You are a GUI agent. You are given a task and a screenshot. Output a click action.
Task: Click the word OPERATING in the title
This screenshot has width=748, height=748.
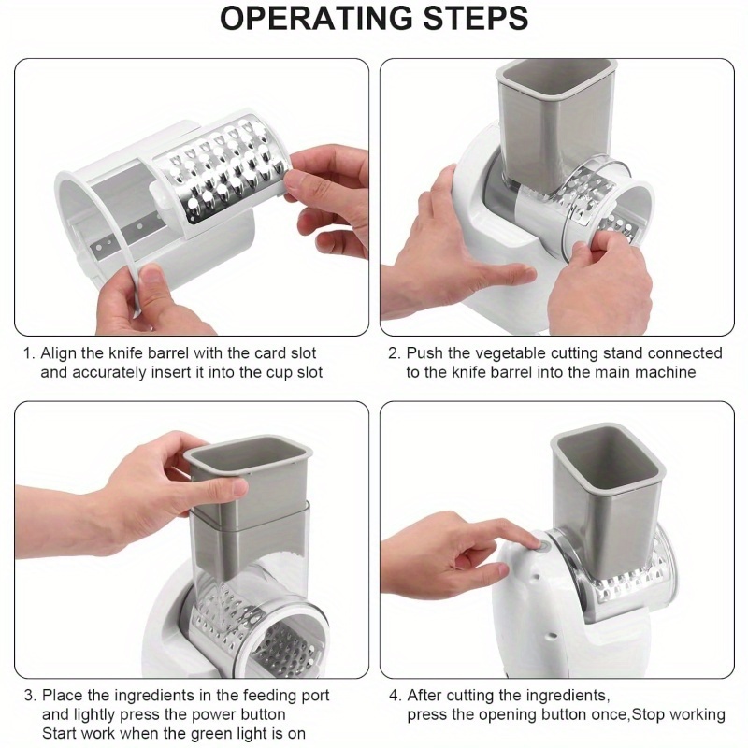[x=316, y=19]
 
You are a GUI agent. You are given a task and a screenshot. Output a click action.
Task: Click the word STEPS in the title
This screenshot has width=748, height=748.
[x=476, y=19]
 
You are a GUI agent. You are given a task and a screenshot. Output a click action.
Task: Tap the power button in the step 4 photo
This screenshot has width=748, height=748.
[x=542, y=545]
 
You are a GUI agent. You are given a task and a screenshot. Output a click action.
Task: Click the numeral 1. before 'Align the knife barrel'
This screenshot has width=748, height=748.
[x=30, y=353]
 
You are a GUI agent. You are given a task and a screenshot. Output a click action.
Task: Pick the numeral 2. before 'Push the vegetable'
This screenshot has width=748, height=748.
[x=394, y=353]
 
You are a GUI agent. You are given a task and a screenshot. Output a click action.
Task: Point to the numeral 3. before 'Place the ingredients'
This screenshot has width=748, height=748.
[x=30, y=696]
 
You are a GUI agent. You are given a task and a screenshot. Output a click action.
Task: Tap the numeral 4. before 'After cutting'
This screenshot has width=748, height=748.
[x=396, y=696]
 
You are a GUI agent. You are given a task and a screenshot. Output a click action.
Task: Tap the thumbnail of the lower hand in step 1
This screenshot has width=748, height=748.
[x=151, y=277]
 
